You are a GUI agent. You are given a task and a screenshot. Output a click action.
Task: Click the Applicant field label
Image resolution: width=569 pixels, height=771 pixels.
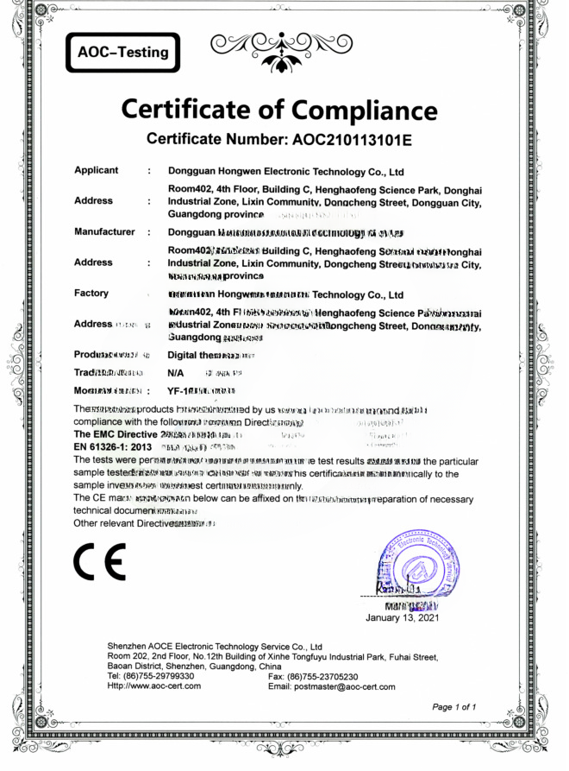[97, 170]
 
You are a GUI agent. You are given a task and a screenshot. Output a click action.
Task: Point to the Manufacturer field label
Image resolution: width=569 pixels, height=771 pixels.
[104, 231]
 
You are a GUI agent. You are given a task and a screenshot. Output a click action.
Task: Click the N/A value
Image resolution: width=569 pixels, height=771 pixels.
[175, 371]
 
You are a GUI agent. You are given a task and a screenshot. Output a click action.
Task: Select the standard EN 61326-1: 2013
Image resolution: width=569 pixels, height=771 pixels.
[114, 447]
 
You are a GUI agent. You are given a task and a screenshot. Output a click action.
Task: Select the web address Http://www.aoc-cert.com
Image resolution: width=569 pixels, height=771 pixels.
[153, 686]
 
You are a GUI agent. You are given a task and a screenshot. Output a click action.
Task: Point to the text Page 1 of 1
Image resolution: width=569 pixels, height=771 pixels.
[454, 707]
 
